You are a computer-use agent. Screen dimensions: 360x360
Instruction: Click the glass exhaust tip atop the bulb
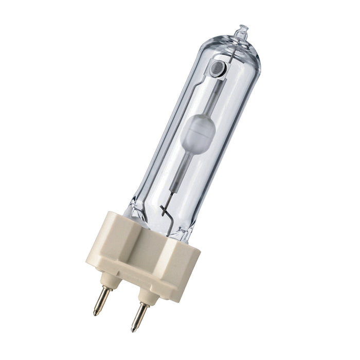tap(241, 31)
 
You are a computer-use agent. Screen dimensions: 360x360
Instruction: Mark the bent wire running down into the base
tap(163, 211)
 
